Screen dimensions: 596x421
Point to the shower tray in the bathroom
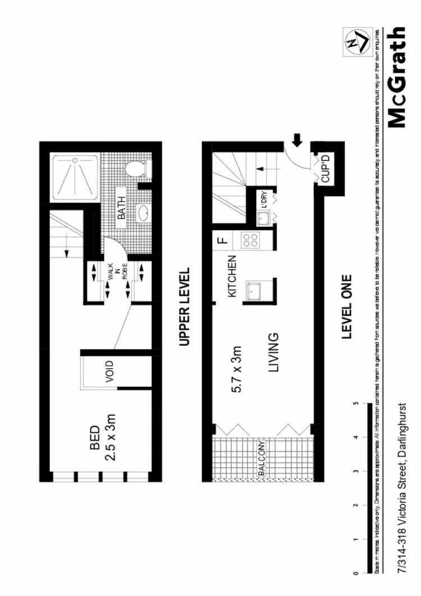coord(75,178)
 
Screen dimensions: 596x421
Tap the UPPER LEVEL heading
coord(184,306)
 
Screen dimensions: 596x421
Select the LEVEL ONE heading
coord(347,306)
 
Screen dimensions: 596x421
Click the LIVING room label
coord(273,352)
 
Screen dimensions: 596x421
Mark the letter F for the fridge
coord(222,241)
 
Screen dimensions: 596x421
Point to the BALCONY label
coord(262,458)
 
